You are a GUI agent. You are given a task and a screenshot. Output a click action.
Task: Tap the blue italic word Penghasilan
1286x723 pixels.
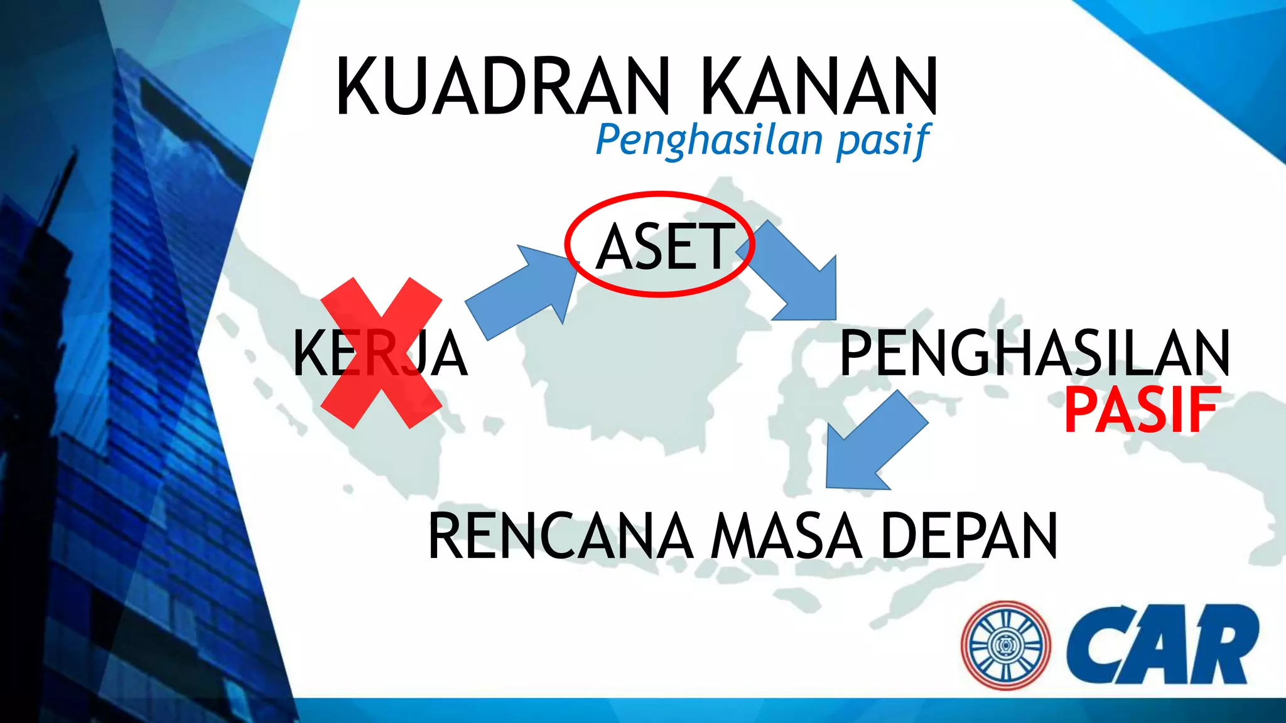709,139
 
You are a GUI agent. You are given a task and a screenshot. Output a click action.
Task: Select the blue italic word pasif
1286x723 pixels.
883,141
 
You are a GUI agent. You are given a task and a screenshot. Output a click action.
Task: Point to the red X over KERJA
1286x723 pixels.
381,353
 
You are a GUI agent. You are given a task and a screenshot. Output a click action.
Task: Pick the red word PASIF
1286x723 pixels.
1142,410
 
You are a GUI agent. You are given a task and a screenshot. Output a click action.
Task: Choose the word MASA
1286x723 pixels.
786,536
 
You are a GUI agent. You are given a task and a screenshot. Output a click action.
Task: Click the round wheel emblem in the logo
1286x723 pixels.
1005,645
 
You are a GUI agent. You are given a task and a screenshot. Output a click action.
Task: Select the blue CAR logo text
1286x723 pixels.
1162,645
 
